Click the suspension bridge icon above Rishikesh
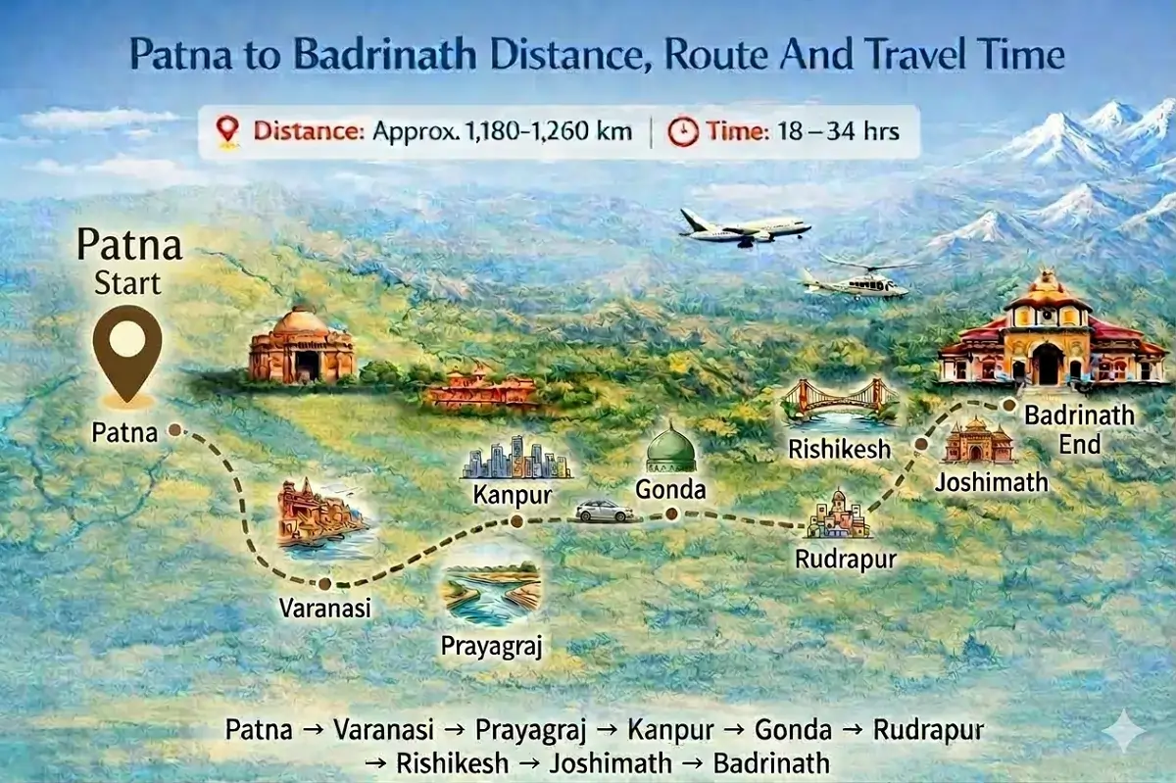[839, 402]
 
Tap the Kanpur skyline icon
[516, 459]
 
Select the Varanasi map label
[325, 608]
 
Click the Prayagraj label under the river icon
[491, 646]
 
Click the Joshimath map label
[991, 482]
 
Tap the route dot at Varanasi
[324, 583]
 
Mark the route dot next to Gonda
[671, 514]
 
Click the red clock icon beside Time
[682, 130]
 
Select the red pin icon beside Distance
[228, 130]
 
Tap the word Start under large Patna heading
[127, 284]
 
